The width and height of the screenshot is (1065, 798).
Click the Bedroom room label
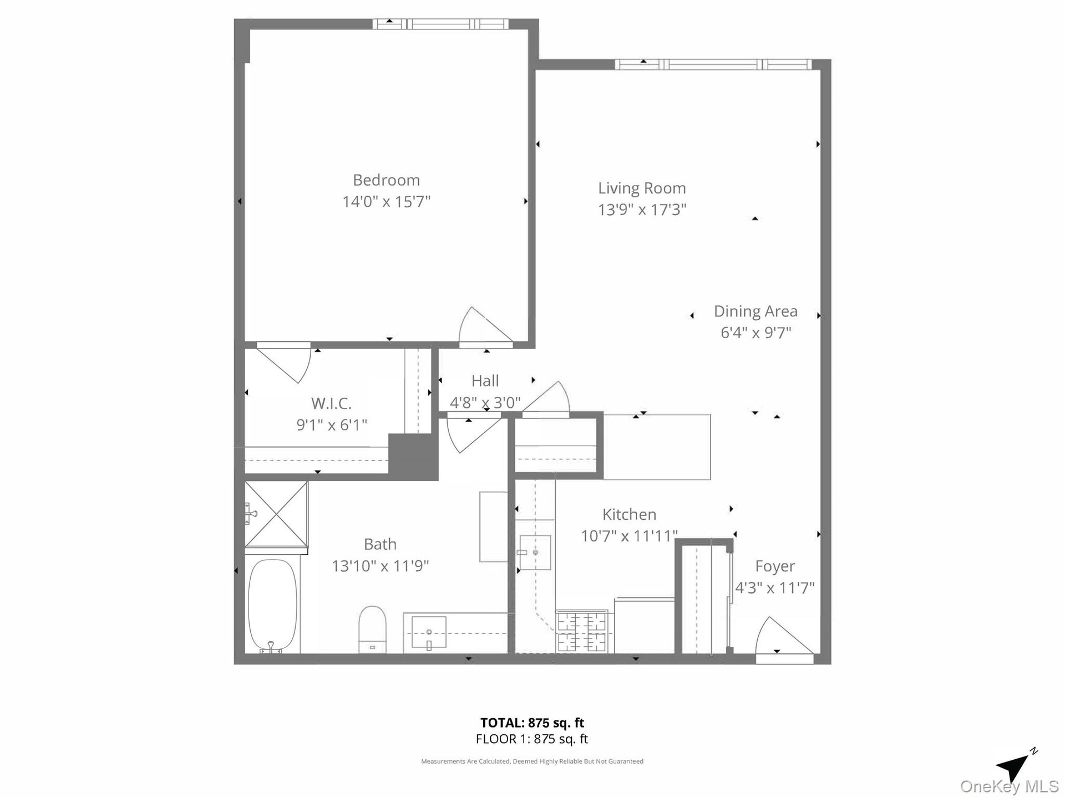(386, 180)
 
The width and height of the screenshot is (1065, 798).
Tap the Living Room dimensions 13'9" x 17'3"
(642, 209)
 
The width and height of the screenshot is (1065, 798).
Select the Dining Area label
(755, 311)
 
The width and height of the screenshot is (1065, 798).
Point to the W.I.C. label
(331, 403)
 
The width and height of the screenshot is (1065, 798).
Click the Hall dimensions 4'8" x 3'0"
(485, 402)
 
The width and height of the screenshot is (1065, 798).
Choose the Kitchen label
(629, 514)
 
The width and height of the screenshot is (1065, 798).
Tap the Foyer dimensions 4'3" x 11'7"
(775, 587)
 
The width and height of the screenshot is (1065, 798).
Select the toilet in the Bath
(372, 630)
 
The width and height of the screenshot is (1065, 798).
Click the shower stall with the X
(276, 514)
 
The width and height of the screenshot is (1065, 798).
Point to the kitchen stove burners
(582, 632)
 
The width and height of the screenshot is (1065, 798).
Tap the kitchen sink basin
(535, 553)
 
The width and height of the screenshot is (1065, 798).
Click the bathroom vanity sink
(429, 632)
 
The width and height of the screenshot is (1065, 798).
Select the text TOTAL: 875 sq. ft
(532, 723)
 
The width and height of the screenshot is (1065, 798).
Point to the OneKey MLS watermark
(1009, 787)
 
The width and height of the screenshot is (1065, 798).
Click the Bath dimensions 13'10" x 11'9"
(380, 566)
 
